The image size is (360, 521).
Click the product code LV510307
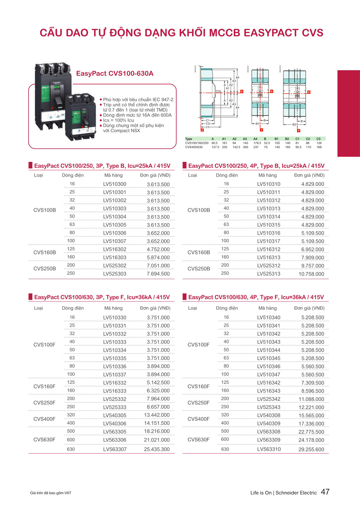pos(115,241)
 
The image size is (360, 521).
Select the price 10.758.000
pos(311,274)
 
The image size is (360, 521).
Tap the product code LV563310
pos(269,449)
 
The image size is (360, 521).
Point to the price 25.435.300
pos(156,449)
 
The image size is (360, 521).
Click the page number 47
pos(325,492)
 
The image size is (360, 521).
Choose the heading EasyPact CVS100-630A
pos(115,73)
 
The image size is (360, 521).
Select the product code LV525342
pos(269,399)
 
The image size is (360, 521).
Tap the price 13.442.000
pos(156,415)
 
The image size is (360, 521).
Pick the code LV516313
pos(269,258)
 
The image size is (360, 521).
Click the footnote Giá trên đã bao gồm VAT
pos(51,493)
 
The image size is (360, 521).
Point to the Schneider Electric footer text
pos(296,493)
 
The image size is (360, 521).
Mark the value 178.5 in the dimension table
pos(257,143)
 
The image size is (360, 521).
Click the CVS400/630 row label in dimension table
pos(194,147)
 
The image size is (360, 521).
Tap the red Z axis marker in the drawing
pos(202,130)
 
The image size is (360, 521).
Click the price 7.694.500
pos(158,274)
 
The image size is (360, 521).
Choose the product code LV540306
pos(115,424)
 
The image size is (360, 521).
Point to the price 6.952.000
pos(312,249)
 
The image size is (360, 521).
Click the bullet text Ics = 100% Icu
pos(118,120)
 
